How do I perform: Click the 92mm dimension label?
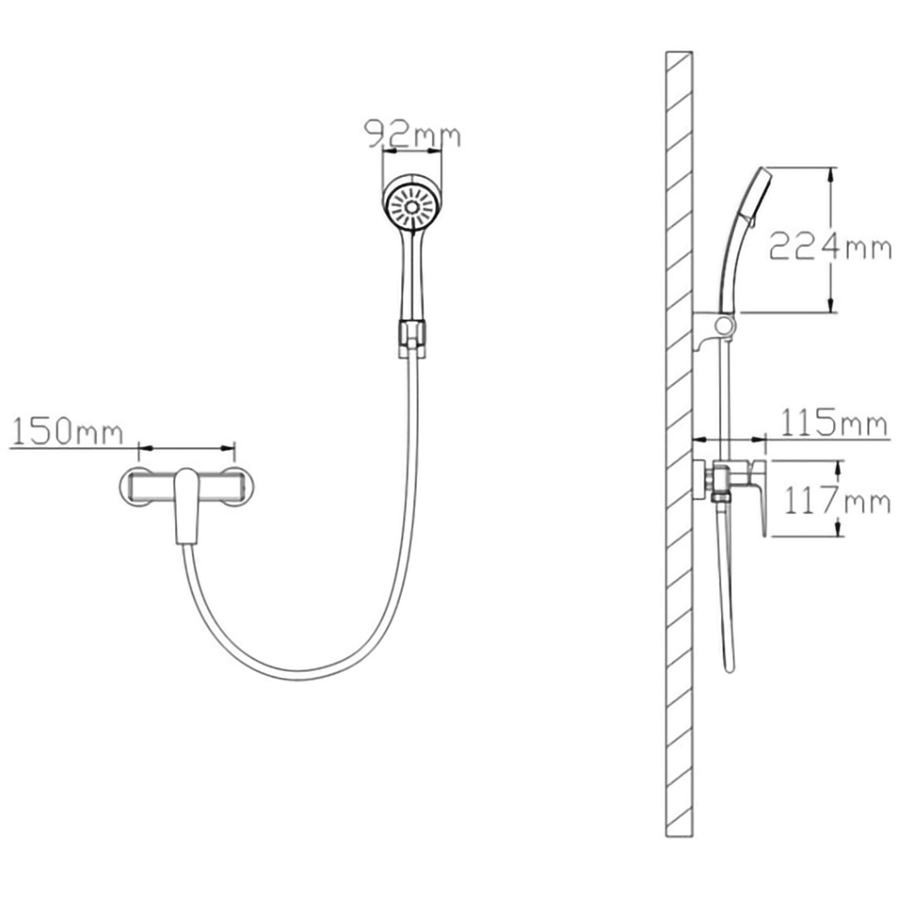click(x=412, y=135)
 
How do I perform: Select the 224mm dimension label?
click(x=830, y=246)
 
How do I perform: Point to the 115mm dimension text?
click(x=834, y=423)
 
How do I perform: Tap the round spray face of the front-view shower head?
click(x=412, y=207)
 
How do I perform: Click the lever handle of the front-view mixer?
click(x=187, y=506)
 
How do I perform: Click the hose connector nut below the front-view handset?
click(x=412, y=339)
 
